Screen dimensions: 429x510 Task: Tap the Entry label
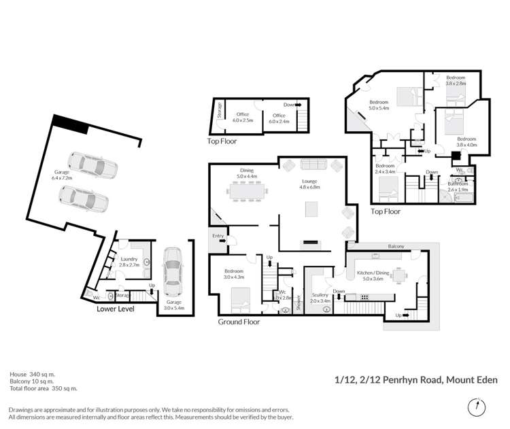point(218,236)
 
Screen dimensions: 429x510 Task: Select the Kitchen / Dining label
point(372,275)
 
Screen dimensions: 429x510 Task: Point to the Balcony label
point(396,246)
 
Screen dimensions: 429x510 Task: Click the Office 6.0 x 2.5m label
point(243,118)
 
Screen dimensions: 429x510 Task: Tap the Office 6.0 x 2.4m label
point(279,118)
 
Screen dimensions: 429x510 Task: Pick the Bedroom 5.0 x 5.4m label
point(379,105)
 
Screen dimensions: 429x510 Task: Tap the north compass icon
point(477,407)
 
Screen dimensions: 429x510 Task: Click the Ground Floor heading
point(239,322)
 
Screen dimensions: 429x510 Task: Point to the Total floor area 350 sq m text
point(44,388)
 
